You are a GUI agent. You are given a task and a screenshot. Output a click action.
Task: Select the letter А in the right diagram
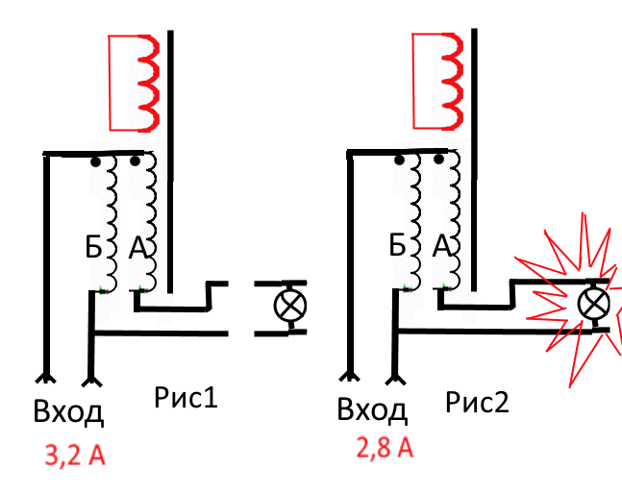point(443,248)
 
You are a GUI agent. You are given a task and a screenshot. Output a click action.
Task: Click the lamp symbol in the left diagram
point(287,307)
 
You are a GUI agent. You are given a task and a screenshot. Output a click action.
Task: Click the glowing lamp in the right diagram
point(591,305)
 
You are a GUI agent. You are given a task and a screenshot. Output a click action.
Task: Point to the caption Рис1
point(186,395)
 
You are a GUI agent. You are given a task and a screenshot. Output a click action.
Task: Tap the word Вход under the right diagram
point(373,410)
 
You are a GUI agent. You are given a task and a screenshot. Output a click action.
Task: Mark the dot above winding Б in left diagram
point(96,162)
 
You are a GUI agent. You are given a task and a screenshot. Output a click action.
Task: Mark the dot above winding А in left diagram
point(134,162)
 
